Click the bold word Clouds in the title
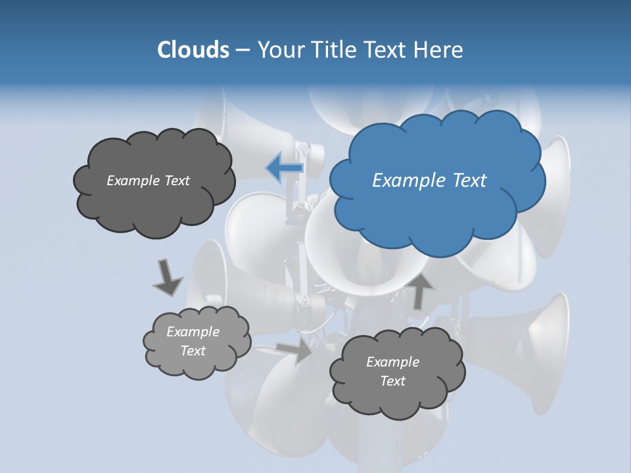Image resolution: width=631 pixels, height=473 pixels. (193, 50)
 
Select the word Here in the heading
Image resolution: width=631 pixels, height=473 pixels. (440, 50)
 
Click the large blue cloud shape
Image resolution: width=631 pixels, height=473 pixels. (436, 210)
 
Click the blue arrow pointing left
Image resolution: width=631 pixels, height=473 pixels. (285, 168)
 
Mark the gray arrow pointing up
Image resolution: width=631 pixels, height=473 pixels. (419, 291)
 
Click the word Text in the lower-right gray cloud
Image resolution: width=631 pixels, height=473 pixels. (392, 381)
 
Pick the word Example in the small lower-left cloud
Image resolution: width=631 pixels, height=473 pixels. (193, 332)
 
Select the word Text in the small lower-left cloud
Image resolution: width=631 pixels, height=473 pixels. (193, 351)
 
